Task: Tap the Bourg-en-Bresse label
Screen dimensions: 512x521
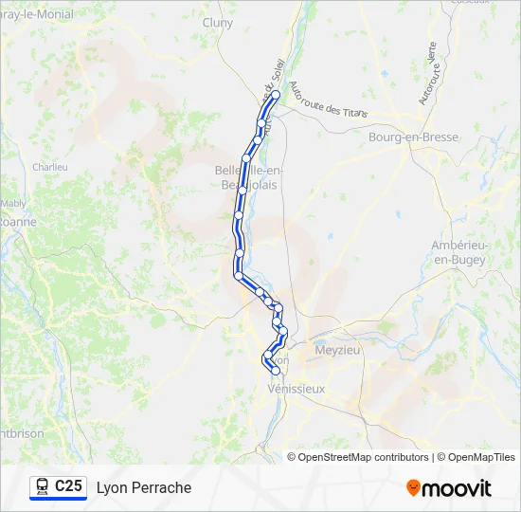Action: click(x=413, y=137)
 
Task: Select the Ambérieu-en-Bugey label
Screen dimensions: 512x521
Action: click(x=458, y=252)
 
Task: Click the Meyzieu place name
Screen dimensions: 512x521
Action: click(x=338, y=349)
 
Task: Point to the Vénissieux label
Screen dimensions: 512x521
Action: click(x=296, y=390)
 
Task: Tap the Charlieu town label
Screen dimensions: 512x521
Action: click(x=50, y=167)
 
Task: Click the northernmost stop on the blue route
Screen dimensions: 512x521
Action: click(x=276, y=95)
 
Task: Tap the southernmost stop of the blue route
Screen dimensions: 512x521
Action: click(x=275, y=371)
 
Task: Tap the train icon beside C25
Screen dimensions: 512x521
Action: click(x=42, y=487)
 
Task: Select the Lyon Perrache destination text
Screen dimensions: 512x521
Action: click(x=144, y=488)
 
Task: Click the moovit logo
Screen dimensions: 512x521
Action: click(x=449, y=488)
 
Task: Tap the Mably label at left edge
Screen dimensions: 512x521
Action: click(x=12, y=203)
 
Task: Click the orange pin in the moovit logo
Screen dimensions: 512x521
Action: click(x=413, y=488)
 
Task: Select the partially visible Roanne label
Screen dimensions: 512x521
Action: click(x=18, y=222)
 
